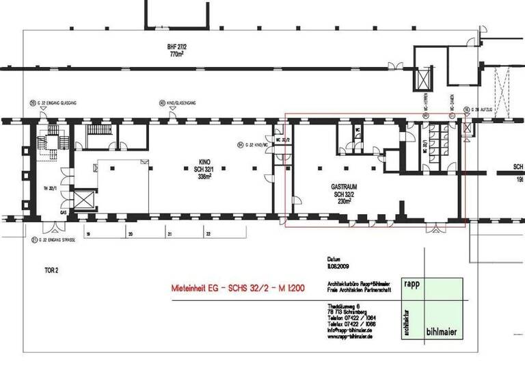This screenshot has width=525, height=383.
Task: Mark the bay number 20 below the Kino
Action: point(130,234)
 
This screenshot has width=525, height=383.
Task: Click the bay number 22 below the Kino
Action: point(207,234)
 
